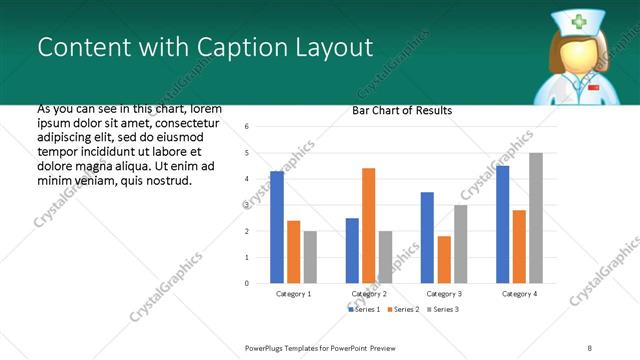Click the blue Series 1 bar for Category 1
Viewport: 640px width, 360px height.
[x=277, y=227]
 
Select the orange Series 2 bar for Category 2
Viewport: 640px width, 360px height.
[x=368, y=225]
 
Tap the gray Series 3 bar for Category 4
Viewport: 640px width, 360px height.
[x=535, y=218]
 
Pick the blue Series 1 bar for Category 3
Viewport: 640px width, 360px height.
[x=427, y=237]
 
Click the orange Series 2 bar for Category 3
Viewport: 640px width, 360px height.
[x=444, y=259]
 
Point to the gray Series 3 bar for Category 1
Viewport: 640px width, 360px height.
[x=310, y=257]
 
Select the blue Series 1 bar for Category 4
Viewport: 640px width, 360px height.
[x=502, y=224]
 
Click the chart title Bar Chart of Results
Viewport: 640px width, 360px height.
[x=403, y=110]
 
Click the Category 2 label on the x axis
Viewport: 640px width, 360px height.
[x=369, y=294]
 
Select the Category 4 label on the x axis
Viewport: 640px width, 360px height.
[x=518, y=294]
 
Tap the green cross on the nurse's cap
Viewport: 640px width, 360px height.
[x=580, y=22]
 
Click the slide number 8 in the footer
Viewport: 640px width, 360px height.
[x=590, y=348]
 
